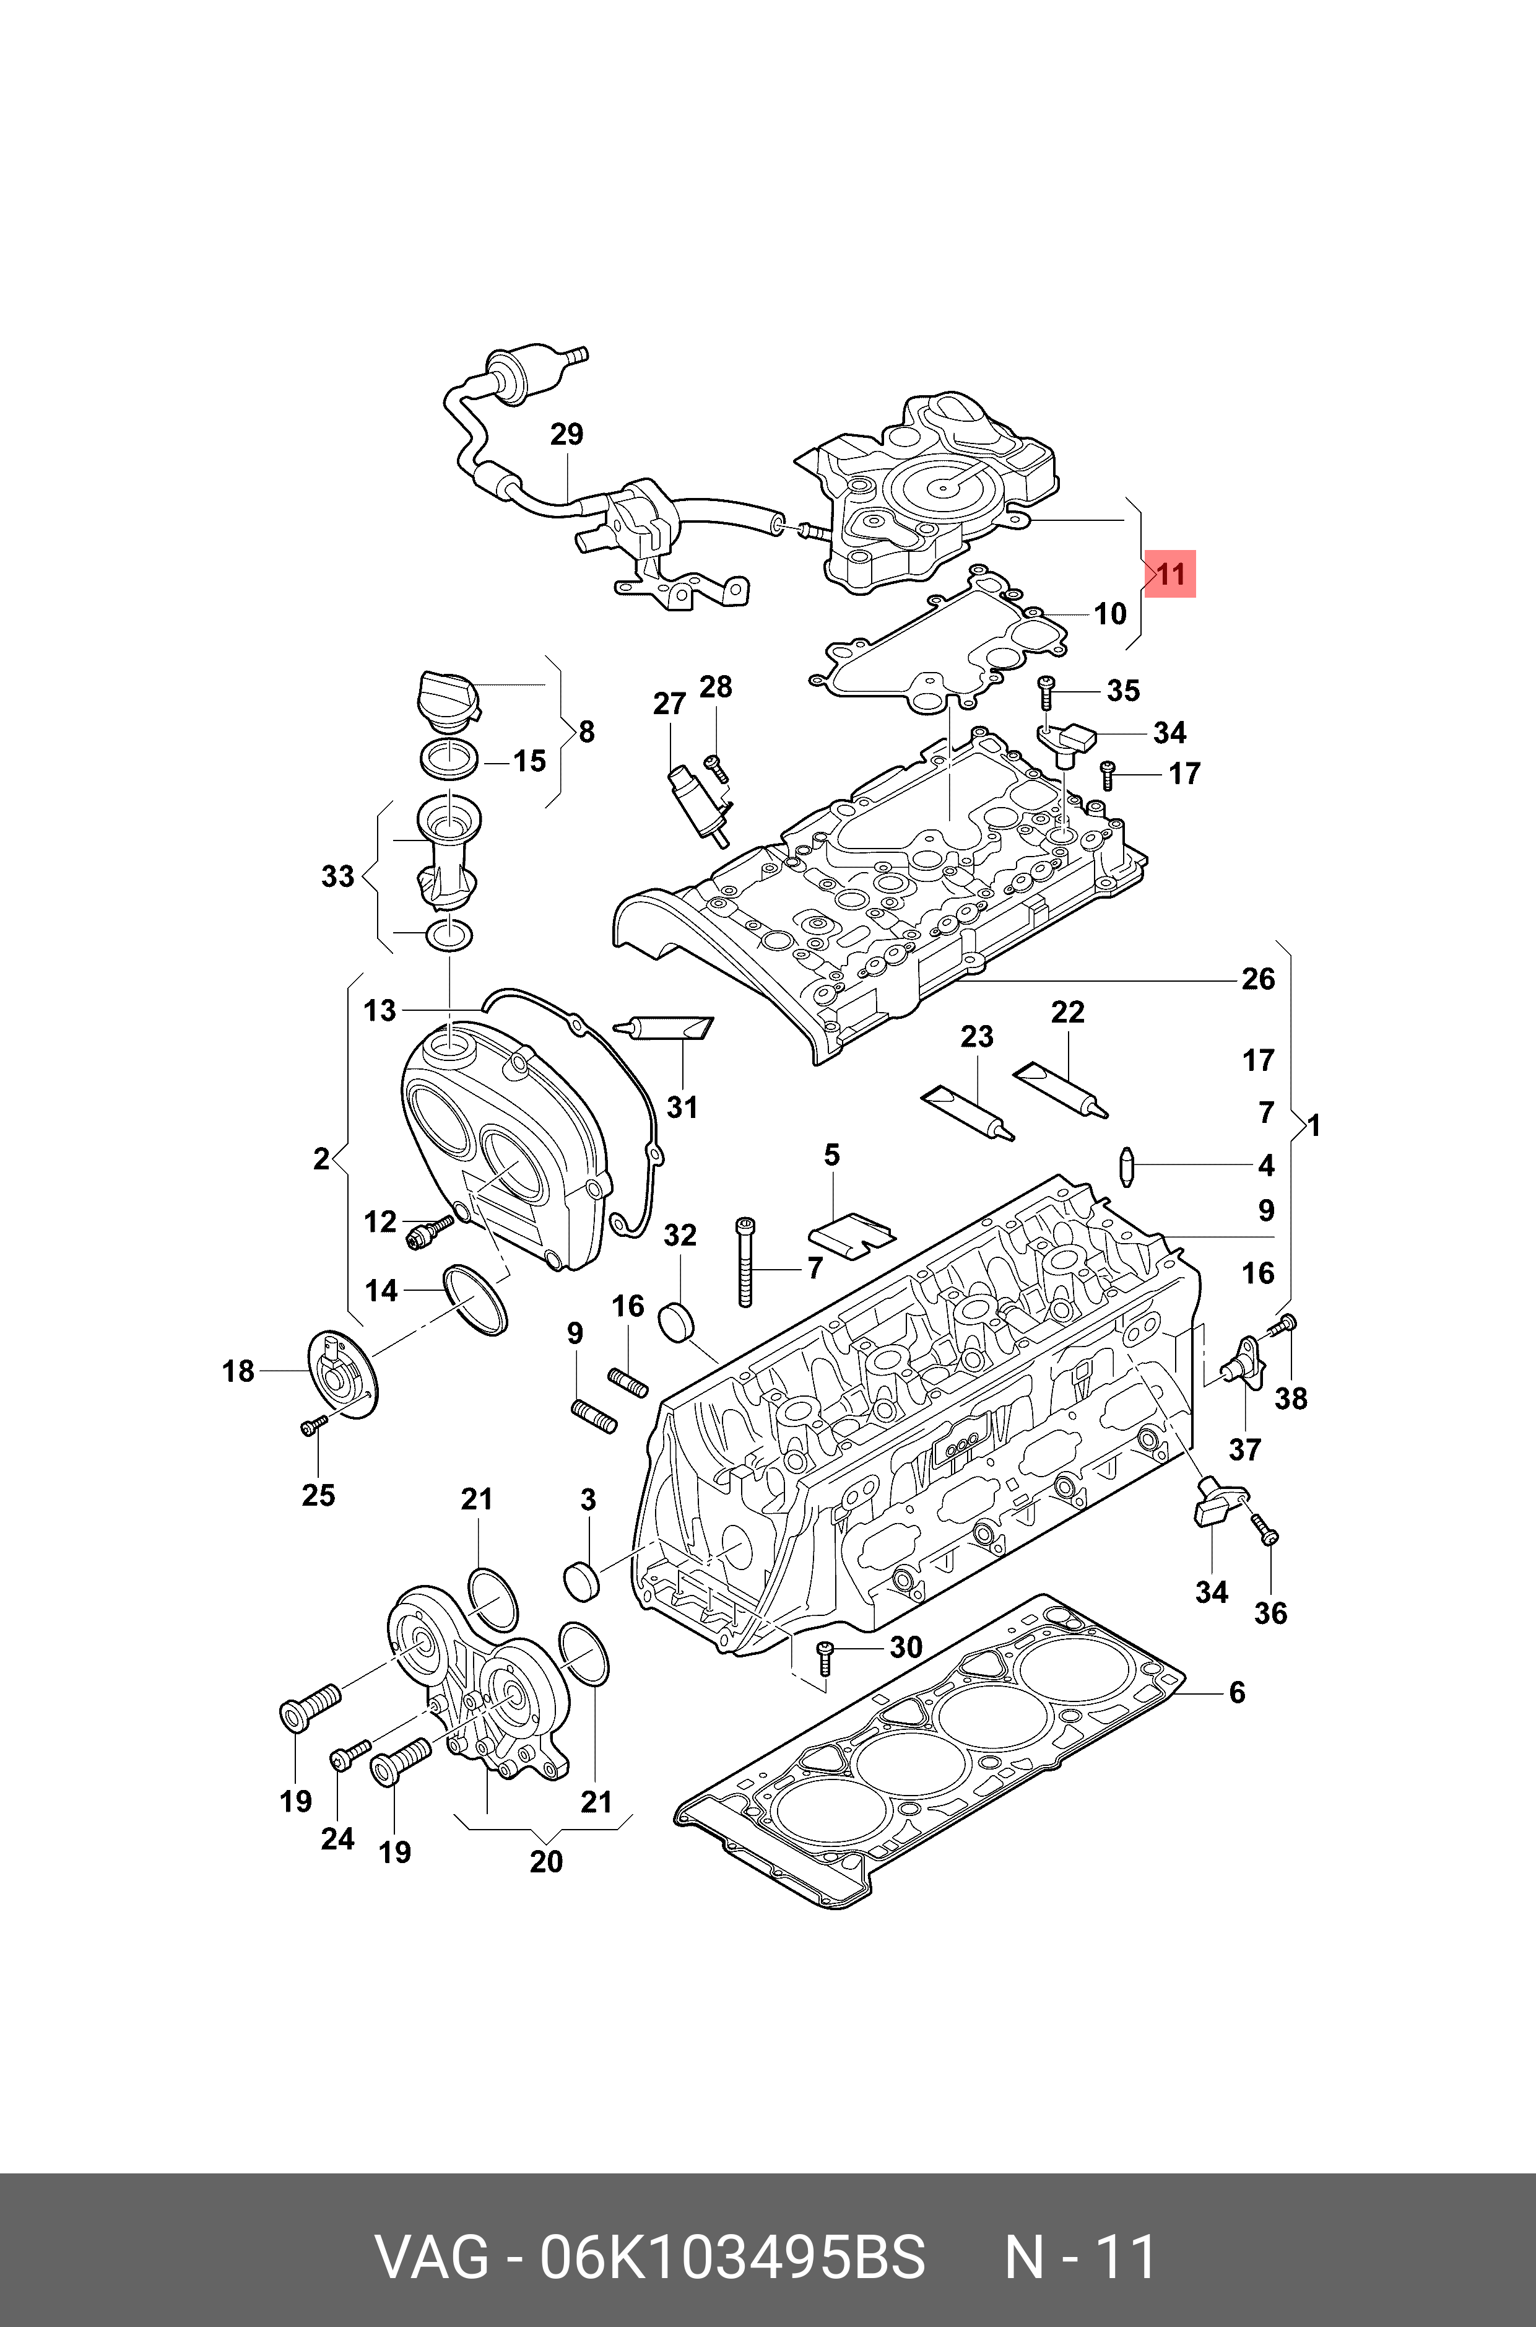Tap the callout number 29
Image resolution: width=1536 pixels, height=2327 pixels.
(566, 434)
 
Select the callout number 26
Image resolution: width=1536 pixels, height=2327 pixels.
(1258, 979)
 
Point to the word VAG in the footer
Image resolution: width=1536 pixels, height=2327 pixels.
(433, 2229)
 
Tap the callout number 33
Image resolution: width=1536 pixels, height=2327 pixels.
(338, 876)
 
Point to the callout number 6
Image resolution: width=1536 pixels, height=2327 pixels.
(1237, 1692)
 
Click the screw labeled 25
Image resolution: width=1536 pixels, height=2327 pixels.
(313, 1426)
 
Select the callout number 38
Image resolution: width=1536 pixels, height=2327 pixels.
(1291, 1398)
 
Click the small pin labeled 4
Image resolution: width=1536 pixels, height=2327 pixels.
(1127, 1166)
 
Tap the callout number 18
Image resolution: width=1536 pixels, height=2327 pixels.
(238, 1371)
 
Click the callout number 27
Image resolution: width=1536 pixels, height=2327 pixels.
(669, 704)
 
